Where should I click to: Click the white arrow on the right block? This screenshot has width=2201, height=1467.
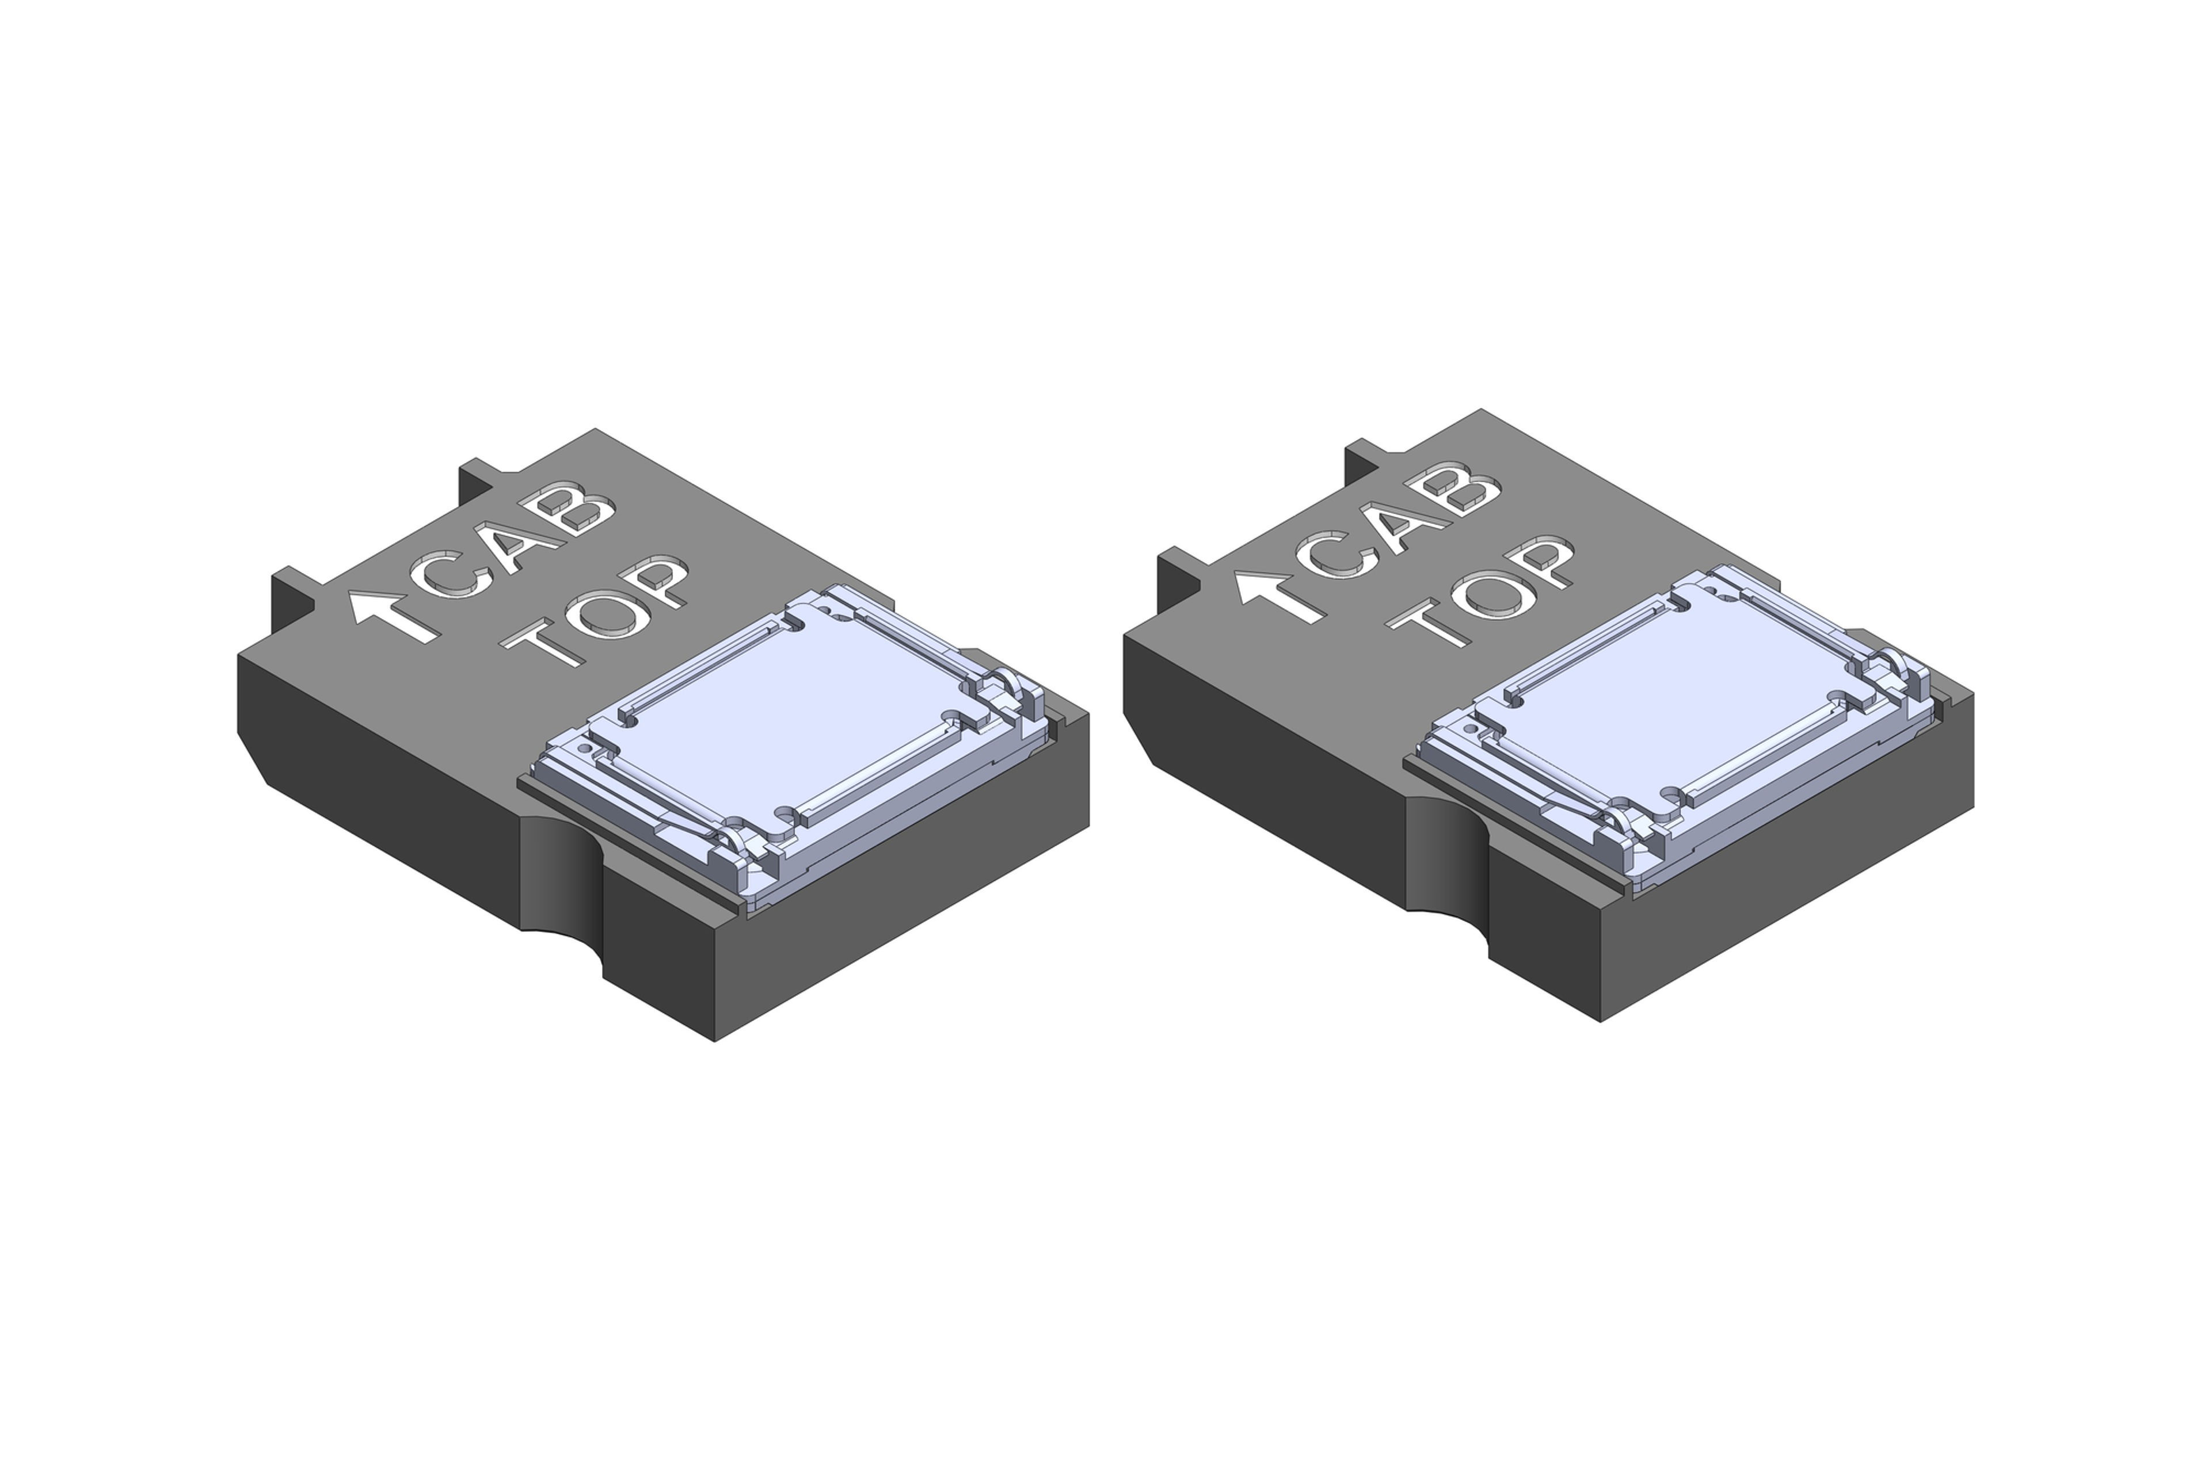tap(1280, 596)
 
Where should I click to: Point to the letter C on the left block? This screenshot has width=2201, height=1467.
tap(454, 575)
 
